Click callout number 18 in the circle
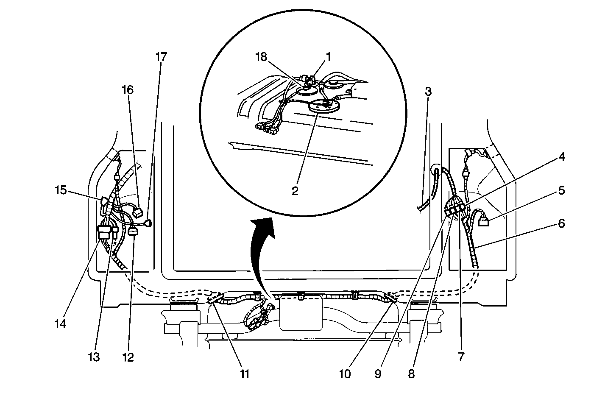262,57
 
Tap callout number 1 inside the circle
327,56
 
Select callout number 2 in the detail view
295,190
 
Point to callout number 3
428,91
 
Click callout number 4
561,157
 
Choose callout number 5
561,190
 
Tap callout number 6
561,223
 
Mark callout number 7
461,357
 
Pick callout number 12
128,357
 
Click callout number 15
61,190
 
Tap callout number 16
128,90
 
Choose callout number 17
161,57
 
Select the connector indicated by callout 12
133,231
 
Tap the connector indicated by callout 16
139,212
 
